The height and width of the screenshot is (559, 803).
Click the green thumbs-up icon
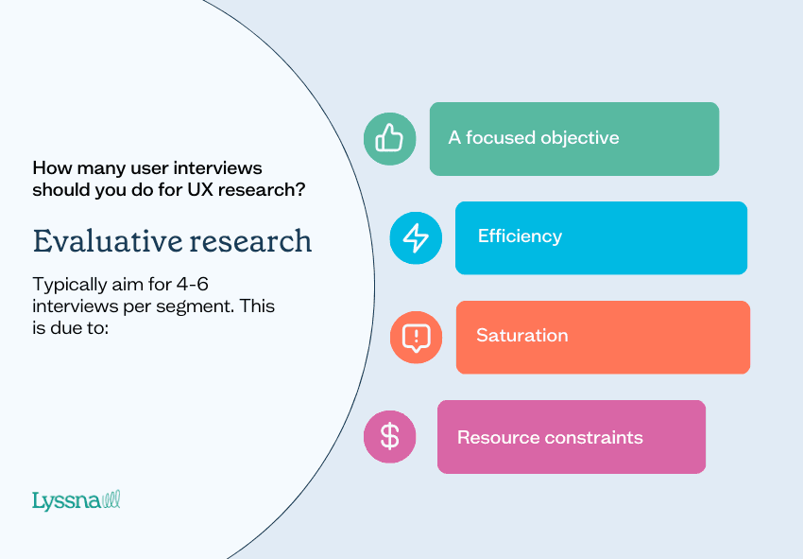(389, 139)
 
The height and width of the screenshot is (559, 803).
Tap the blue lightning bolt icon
(416, 237)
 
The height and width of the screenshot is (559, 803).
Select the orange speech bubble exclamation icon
(416, 337)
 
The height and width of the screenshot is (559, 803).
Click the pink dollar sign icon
(389, 436)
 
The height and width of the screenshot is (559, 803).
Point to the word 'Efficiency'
(520, 236)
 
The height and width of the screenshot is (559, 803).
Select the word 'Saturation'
(521, 336)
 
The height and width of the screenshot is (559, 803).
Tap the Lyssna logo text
(65, 500)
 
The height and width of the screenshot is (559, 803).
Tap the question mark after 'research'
(299, 189)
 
